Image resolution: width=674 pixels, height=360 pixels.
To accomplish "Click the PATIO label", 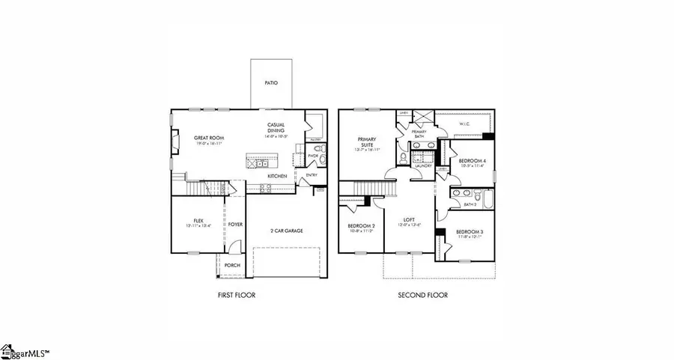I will coord(271,83).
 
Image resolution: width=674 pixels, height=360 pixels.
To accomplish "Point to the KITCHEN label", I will coord(278,176).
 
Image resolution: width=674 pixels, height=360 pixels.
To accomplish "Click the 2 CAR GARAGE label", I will coord(287,231).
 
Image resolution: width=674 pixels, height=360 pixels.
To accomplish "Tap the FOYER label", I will coord(235,224).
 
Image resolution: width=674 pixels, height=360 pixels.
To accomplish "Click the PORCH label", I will coord(233,265).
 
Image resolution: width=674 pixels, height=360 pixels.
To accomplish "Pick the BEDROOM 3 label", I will coord(470,233).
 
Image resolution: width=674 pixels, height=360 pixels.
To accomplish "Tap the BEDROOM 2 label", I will coord(360,228).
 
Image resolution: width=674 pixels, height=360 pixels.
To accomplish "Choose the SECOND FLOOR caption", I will coord(423,296).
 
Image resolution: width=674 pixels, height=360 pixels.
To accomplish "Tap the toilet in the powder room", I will coord(320,158).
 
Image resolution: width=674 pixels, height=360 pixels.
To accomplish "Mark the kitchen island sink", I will coord(260,162).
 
